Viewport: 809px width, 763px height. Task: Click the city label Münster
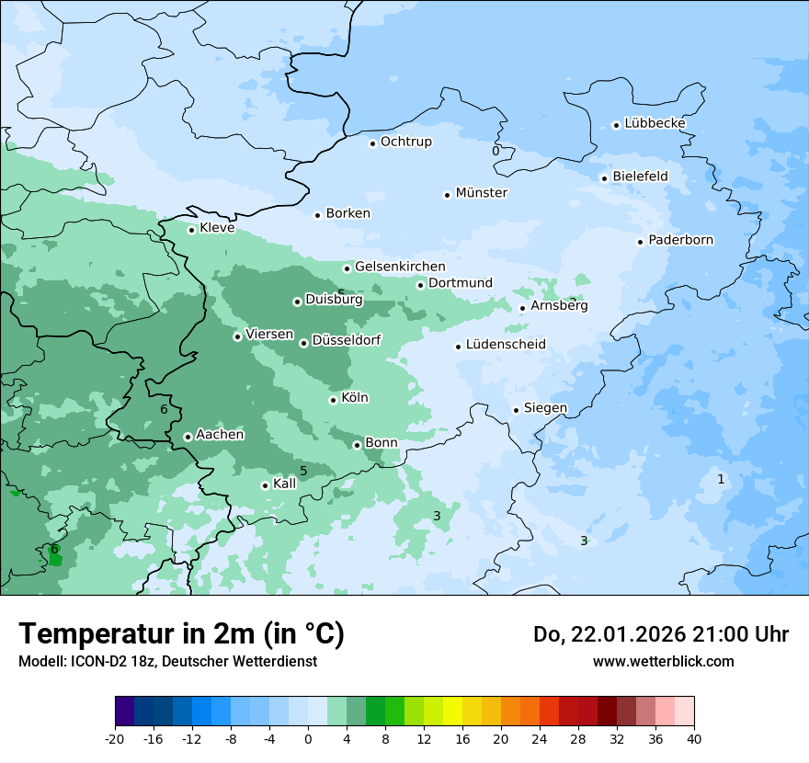(x=481, y=193)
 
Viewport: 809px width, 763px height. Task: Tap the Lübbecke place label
(x=655, y=123)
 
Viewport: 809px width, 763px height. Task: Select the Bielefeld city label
(x=640, y=177)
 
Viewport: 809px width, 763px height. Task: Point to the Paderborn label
(x=680, y=240)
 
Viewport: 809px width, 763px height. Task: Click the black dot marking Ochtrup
(x=373, y=142)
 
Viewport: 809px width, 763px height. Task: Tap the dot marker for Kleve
(x=192, y=230)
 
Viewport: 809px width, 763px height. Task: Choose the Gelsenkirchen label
(x=400, y=267)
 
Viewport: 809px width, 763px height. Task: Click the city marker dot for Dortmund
(x=421, y=285)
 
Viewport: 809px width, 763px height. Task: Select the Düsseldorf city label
(x=346, y=340)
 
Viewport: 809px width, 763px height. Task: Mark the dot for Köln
(x=334, y=400)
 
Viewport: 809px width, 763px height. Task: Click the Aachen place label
(x=220, y=434)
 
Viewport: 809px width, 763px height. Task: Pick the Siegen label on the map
(x=545, y=407)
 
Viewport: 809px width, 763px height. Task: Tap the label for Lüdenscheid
(x=506, y=345)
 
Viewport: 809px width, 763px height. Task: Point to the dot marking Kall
(x=266, y=485)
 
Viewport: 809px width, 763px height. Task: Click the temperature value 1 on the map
(x=721, y=479)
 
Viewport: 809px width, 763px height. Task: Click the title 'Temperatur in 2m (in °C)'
(x=181, y=633)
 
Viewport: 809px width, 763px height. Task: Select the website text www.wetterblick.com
(x=663, y=661)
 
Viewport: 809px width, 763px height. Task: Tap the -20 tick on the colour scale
(x=115, y=739)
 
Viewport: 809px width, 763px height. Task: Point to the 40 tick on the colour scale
(x=693, y=739)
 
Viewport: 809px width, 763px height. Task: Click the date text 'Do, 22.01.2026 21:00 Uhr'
(x=660, y=634)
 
